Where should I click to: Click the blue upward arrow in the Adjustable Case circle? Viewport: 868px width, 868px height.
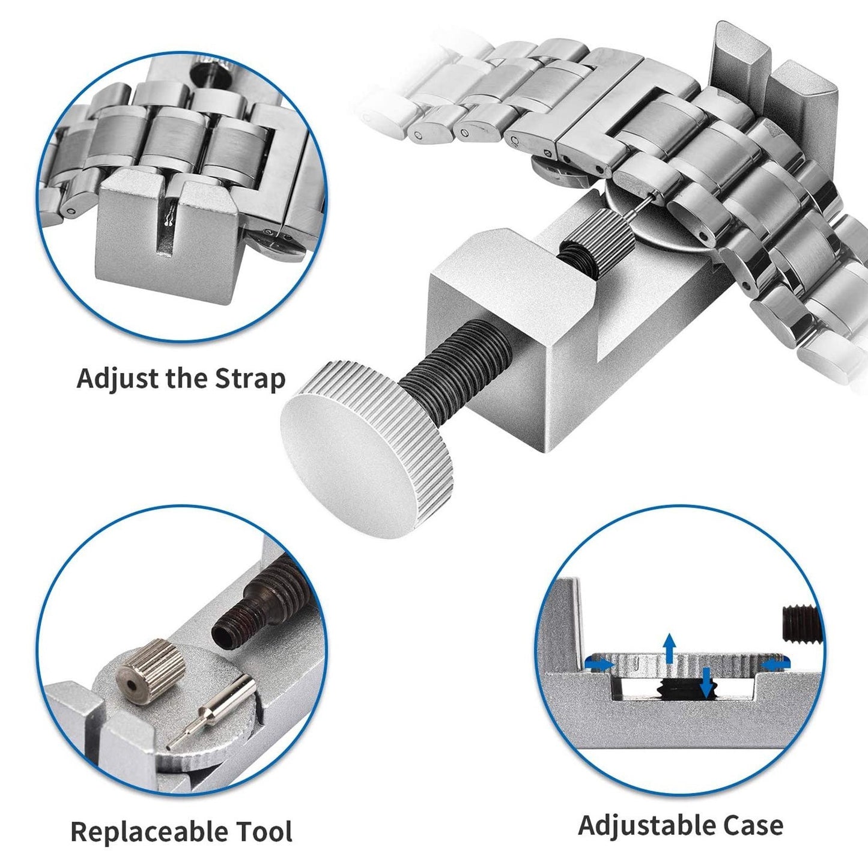(670, 648)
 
